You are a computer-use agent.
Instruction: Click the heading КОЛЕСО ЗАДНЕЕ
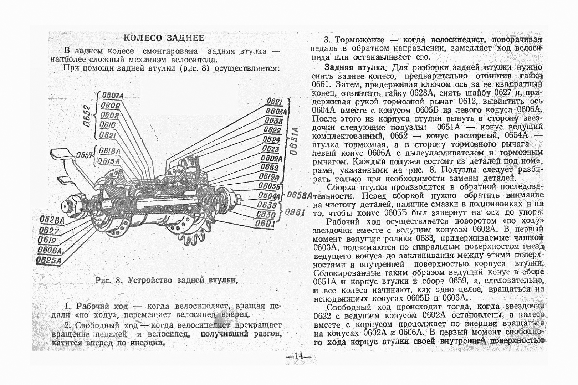coord(164,38)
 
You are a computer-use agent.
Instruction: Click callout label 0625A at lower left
coord(49,261)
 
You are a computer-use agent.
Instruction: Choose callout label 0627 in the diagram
coord(49,230)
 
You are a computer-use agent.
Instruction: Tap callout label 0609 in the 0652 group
coord(110,106)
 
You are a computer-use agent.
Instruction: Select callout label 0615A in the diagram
coord(109,161)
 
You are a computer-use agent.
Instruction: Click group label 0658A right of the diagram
coord(300,195)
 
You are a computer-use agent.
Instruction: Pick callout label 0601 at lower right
coord(265,224)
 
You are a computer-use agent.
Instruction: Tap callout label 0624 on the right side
coord(271,139)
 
